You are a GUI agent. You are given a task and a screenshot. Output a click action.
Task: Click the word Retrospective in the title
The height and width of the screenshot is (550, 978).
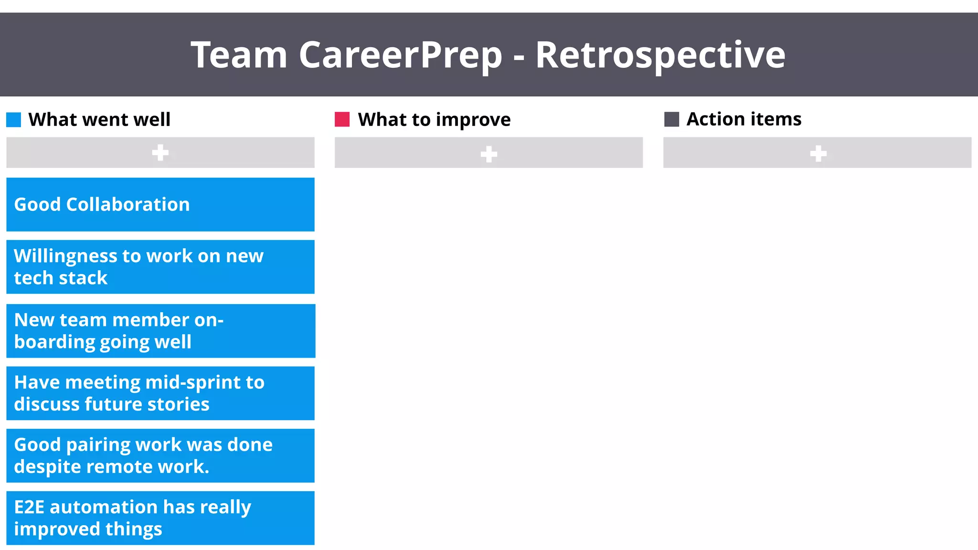point(660,55)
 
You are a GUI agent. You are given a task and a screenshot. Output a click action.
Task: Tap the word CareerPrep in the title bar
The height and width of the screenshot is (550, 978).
point(400,55)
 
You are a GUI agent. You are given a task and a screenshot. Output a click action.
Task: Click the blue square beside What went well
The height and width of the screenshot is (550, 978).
point(14,120)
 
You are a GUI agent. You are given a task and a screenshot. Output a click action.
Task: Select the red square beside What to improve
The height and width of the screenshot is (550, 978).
point(342,119)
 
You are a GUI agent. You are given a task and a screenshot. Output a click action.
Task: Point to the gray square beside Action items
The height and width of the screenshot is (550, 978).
point(671,119)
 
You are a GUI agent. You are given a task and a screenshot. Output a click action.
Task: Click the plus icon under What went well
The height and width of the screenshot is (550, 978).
point(160,153)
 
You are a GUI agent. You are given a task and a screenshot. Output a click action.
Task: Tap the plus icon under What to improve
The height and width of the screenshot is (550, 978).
point(489,154)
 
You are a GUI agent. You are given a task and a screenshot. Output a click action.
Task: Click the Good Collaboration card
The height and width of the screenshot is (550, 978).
point(160,204)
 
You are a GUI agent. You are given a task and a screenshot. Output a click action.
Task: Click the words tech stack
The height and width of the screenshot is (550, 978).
point(61,278)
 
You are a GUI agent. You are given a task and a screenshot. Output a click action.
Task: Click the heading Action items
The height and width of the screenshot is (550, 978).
point(744,119)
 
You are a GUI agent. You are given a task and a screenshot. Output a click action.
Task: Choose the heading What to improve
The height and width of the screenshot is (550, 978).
point(434,120)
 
